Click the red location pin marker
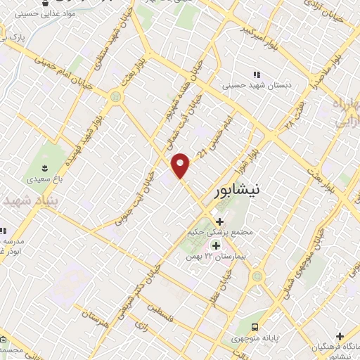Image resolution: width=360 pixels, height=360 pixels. pos(181,165)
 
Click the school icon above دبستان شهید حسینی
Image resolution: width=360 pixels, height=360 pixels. pos(256,74)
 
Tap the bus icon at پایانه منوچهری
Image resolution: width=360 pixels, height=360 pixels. pos(255,328)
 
